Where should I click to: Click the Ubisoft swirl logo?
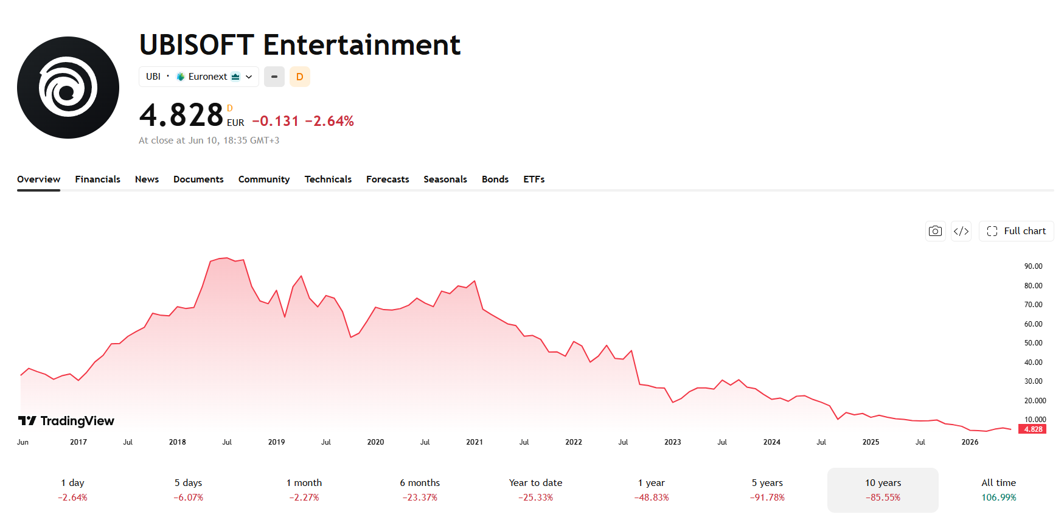68,88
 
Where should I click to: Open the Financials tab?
97,179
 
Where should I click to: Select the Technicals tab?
328,179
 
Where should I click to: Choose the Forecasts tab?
388,179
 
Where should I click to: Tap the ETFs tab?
534,179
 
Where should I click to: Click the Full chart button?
1016,231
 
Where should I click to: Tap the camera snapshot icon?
936,231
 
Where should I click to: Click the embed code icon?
961,231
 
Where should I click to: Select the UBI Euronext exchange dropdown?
199,77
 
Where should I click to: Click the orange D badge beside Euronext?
299,77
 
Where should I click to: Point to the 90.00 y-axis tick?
1033,266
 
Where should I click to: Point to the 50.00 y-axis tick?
1033,343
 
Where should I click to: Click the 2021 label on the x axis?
475,442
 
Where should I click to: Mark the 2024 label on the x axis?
771,442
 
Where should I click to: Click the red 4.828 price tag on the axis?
1033,429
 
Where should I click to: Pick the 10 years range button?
883,490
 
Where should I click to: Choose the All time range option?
998,490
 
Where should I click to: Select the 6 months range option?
420,490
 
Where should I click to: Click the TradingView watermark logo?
66,421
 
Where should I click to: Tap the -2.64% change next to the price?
329,121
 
